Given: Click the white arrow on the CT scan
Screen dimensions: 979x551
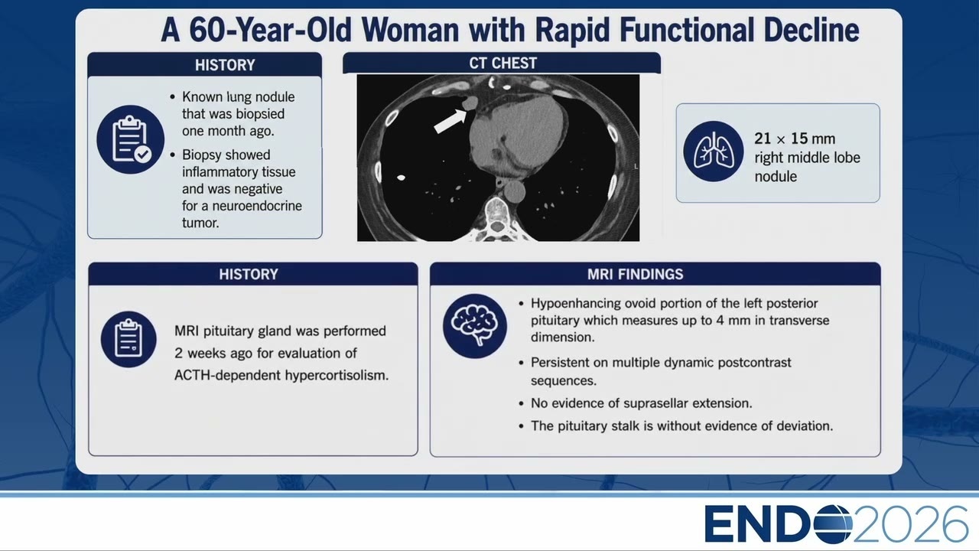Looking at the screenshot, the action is [450, 121].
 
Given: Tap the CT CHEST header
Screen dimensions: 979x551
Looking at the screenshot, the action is [503, 64].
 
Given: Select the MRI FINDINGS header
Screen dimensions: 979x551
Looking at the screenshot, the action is [635, 274].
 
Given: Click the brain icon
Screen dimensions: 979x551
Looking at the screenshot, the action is [475, 326].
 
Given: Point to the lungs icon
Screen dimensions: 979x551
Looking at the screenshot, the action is [714, 152].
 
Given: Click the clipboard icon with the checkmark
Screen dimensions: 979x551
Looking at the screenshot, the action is [131, 139].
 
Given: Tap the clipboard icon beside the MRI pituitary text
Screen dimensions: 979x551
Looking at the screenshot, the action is [128, 339].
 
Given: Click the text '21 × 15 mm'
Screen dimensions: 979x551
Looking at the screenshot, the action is [795, 139].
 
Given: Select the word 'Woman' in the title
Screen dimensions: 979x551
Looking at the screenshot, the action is [410, 30].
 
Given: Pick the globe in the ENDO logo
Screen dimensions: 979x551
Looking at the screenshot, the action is [833, 524].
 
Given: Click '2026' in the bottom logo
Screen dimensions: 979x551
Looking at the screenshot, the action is [910, 524].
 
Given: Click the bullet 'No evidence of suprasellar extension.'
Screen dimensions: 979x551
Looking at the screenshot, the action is [641, 403].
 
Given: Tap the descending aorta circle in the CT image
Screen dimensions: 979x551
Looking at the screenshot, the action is [515, 191].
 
